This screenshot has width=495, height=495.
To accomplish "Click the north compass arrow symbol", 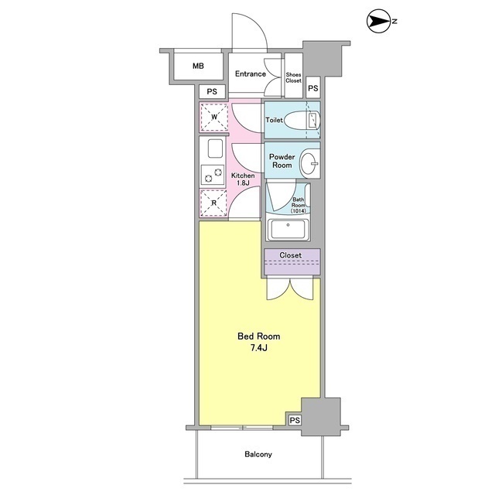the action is (379, 21).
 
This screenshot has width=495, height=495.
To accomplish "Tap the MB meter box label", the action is (198, 66).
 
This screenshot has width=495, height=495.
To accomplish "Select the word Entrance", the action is (251, 74).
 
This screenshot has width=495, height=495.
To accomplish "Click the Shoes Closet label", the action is (294, 77).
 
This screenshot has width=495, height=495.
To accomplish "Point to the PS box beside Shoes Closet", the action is (312, 87).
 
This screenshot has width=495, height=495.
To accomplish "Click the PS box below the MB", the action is (212, 91).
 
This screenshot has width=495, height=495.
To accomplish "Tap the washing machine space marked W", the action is (214, 117).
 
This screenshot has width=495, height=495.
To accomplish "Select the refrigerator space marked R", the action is (213, 203).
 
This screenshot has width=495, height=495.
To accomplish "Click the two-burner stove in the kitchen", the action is (213, 176).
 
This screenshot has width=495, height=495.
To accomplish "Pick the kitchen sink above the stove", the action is (215, 148).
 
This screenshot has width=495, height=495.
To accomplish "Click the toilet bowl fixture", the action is (302, 121).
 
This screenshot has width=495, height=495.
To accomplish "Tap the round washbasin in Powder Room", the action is (309, 163).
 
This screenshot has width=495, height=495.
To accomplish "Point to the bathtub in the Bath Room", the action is (288, 229).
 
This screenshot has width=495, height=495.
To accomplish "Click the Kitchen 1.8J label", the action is (243, 179).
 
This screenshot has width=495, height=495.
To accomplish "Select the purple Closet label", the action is (291, 255).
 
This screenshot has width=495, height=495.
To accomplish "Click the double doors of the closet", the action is (290, 288).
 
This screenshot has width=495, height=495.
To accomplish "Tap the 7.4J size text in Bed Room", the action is (259, 348).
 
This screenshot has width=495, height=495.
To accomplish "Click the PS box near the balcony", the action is (295, 420).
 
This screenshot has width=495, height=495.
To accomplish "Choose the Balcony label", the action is (258, 454).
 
